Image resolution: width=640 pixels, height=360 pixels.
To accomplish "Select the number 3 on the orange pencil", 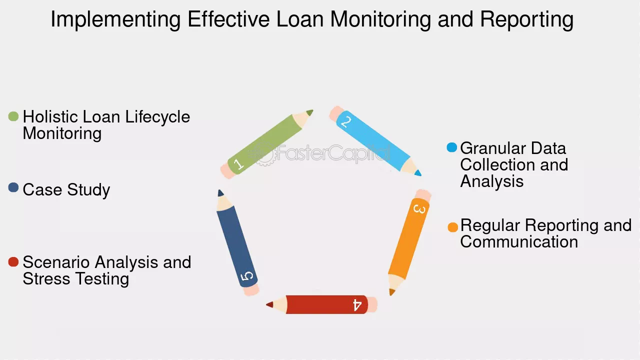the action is (x=419, y=209).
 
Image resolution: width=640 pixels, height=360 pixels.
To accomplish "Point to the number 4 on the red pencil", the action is (x=357, y=305).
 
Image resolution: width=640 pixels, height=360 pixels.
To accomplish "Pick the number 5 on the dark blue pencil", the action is (x=247, y=276).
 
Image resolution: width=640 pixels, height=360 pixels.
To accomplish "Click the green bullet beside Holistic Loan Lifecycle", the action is (x=13, y=116).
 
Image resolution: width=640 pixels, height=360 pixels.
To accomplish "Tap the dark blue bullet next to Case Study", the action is (x=13, y=187).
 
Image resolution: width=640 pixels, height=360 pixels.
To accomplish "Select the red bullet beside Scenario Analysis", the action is (x=13, y=261).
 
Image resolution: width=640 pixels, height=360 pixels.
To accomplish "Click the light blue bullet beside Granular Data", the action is (x=451, y=147).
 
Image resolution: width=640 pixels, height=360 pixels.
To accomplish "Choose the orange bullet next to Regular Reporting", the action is (x=453, y=227).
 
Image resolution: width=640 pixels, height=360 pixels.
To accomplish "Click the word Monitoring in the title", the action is (x=380, y=19).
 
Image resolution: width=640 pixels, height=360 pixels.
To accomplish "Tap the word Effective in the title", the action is (x=228, y=19).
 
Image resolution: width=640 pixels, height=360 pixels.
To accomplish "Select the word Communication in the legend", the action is (x=519, y=241).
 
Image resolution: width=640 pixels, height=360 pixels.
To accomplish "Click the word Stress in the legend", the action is (x=46, y=278).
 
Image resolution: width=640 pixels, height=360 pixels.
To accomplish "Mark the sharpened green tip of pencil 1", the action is (x=310, y=112).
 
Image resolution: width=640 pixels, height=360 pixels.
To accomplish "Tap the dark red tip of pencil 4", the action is (x=269, y=304).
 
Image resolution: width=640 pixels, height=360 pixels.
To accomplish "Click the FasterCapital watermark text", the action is (x=333, y=153).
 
